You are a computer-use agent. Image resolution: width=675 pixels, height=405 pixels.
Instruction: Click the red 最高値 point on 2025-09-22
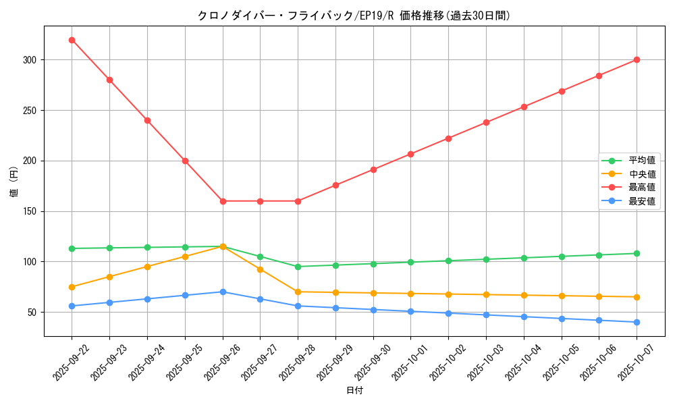[x=72, y=40]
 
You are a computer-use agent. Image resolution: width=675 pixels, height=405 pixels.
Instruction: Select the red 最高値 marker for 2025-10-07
[x=637, y=59]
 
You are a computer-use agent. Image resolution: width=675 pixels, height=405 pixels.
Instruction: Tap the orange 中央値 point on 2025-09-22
[x=72, y=287]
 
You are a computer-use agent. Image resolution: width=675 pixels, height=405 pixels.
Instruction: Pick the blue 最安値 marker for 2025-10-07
[x=637, y=322]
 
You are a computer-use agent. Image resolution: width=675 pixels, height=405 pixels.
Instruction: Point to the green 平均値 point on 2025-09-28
[x=298, y=267]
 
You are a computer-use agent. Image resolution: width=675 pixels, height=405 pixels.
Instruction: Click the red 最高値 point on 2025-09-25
[x=185, y=161]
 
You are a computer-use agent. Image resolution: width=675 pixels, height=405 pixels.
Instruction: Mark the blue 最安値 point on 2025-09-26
[x=223, y=292]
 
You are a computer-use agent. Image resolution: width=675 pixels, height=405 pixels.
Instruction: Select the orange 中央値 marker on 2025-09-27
[x=260, y=269]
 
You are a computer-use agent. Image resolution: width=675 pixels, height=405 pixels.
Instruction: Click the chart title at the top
[x=354, y=16]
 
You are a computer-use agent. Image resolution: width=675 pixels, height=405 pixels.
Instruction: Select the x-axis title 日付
[x=354, y=391]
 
